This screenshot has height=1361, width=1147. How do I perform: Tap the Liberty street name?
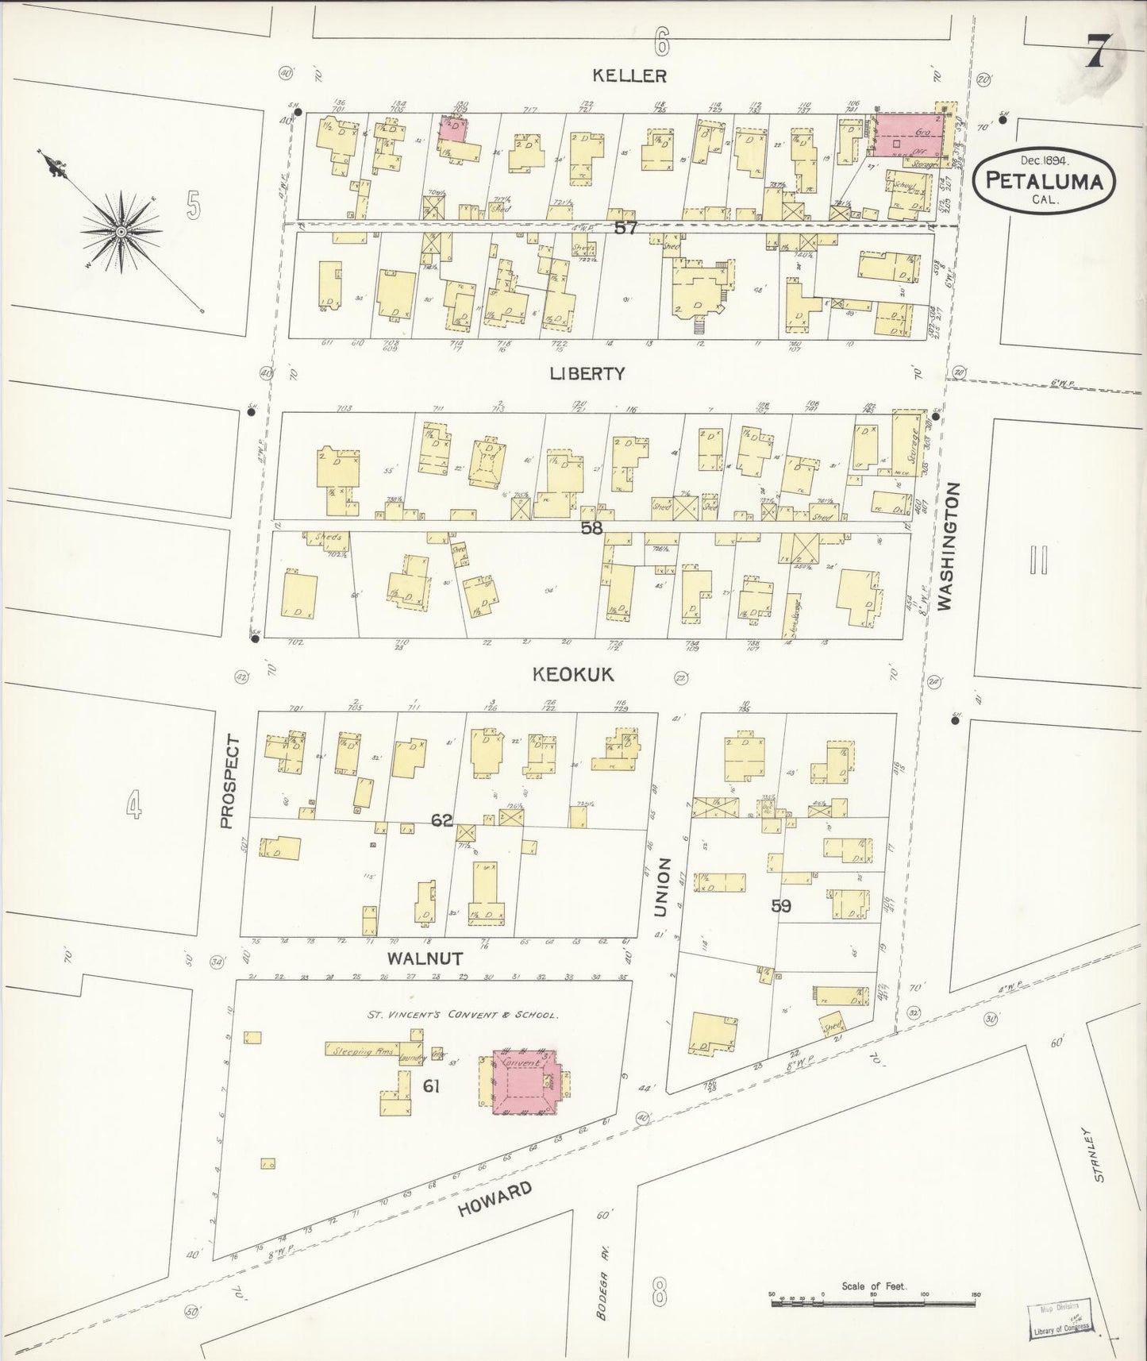point(587,374)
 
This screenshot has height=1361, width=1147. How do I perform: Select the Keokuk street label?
point(573,675)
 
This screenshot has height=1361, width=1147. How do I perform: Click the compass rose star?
point(121,231)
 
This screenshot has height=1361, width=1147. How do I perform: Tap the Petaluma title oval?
point(1044,179)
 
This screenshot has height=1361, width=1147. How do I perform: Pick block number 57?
point(625,228)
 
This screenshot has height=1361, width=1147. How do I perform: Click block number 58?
point(591,527)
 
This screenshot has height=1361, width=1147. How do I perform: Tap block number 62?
point(442,820)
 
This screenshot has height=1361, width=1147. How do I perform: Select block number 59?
point(781,905)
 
